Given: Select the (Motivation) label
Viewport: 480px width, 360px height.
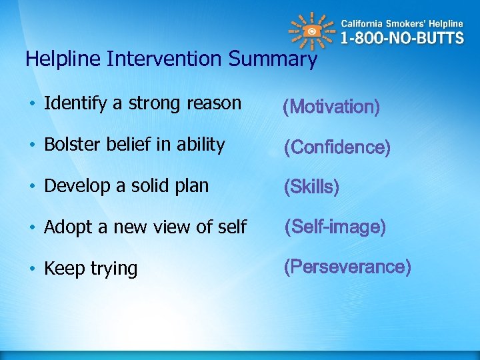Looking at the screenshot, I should (x=331, y=107).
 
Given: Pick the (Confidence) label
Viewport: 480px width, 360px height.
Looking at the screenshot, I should (x=337, y=147).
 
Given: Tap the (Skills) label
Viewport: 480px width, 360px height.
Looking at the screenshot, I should (x=311, y=187).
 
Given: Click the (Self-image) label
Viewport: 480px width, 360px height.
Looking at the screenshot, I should (x=335, y=227).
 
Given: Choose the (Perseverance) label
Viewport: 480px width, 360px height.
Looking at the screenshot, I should (x=347, y=267).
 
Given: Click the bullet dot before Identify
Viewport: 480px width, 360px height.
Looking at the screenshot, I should (x=32, y=104).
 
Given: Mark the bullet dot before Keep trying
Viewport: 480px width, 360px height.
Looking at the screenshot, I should (x=32, y=269).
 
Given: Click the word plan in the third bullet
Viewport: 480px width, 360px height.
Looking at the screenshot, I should (x=192, y=187).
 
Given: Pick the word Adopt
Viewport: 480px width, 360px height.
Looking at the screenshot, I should (x=64, y=228).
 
